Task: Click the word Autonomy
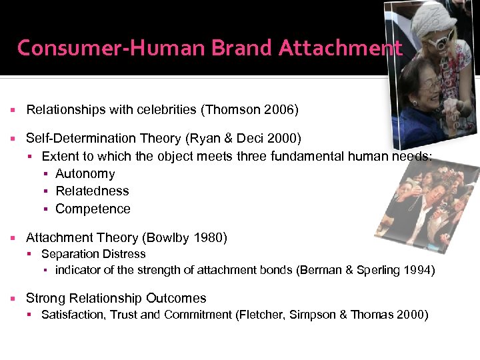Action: (x=85, y=174)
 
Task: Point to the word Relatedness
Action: (x=93, y=191)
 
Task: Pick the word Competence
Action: (x=93, y=209)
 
